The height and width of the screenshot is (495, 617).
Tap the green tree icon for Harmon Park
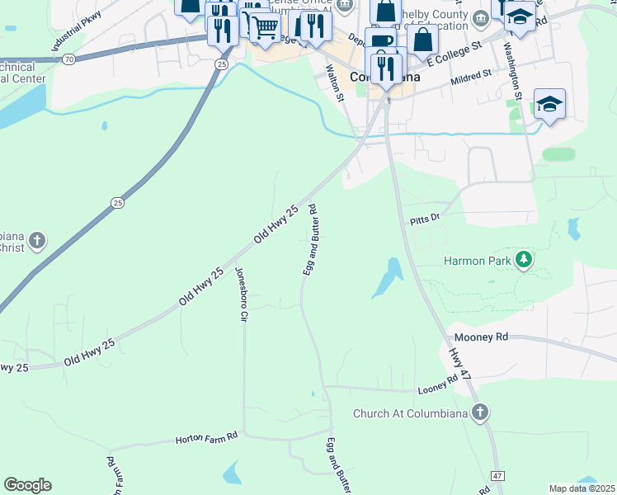(x=522, y=261)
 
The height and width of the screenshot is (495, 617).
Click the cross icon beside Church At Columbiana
(x=481, y=412)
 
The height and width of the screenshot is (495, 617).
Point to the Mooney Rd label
(x=479, y=338)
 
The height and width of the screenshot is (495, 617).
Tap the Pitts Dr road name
(x=426, y=219)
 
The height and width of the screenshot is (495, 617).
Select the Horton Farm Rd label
(x=206, y=437)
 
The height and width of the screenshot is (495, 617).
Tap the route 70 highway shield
(x=68, y=59)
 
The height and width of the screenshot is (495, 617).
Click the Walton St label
(x=336, y=86)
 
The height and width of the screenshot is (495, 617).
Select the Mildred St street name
(x=471, y=77)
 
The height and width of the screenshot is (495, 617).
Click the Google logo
(x=27, y=485)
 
